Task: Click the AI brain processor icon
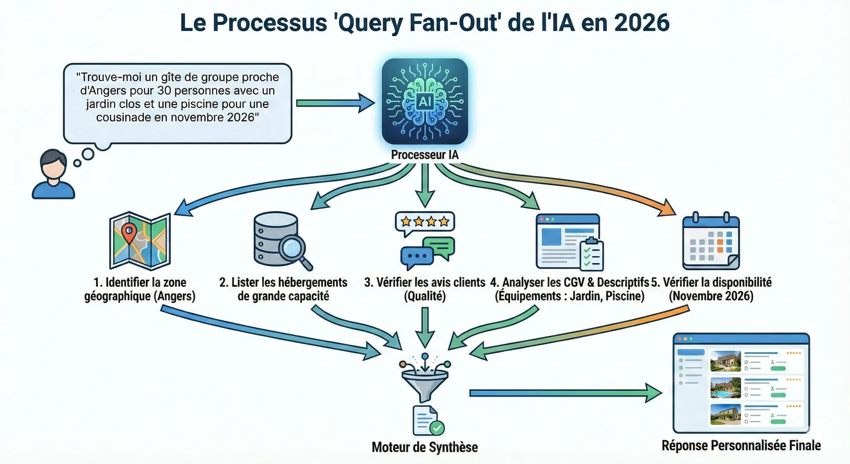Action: click(x=425, y=101)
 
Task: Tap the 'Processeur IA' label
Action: click(x=425, y=155)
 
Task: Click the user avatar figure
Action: click(x=53, y=174)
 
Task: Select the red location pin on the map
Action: click(x=129, y=232)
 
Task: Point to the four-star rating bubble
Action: click(x=425, y=221)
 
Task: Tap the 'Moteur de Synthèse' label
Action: click(x=425, y=447)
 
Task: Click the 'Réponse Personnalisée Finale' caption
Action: click(x=741, y=445)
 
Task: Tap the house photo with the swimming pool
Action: click(x=725, y=388)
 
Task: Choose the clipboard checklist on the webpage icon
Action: click(x=591, y=254)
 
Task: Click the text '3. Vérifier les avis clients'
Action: click(x=425, y=282)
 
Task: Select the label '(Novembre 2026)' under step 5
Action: click(x=711, y=296)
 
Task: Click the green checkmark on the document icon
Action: click(x=437, y=428)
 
